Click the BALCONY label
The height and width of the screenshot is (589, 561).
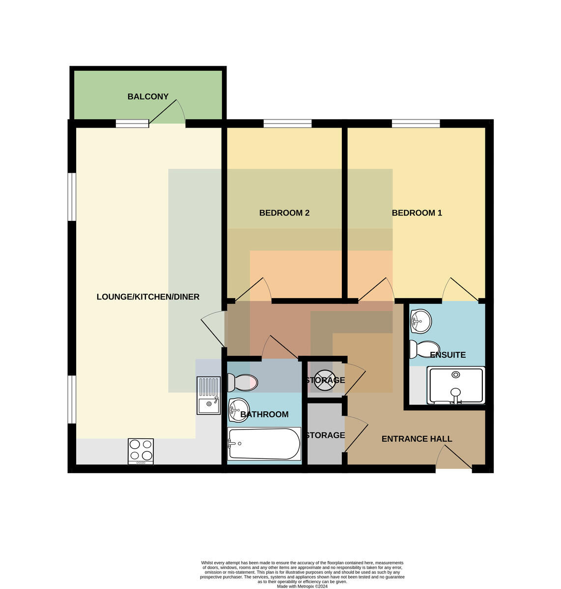pyautogui.click(x=148, y=97)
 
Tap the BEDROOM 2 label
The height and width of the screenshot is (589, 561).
pyautogui.click(x=284, y=213)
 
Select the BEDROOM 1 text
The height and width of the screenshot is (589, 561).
pyautogui.click(x=417, y=213)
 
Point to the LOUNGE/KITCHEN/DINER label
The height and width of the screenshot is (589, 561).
pyautogui.click(x=148, y=296)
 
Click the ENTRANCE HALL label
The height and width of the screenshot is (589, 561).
pyautogui.click(x=417, y=439)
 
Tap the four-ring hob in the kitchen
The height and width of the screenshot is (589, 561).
pyautogui.click(x=140, y=451)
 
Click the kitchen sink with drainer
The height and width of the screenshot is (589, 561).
pyautogui.click(x=208, y=396)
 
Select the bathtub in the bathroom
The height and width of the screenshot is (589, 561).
pyautogui.click(x=264, y=444)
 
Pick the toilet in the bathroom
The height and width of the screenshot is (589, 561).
pyautogui.click(x=242, y=382)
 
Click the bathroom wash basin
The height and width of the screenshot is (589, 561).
pyautogui.click(x=238, y=410)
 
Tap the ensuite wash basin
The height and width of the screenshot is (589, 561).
pyautogui.click(x=421, y=321)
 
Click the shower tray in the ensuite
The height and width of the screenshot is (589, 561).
pyautogui.click(x=456, y=385)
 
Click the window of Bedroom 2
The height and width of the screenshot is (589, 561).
pyautogui.click(x=287, y=123)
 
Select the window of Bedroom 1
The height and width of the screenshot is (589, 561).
pyautogui.click(x=416, y=123)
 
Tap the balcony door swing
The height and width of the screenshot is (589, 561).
pyautogui.click(x=167, y=111)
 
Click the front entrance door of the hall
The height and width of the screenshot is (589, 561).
pyautogui.click(x=453, y=457)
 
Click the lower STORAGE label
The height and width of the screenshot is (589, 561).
pyautogui.click(x=325, y=435)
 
